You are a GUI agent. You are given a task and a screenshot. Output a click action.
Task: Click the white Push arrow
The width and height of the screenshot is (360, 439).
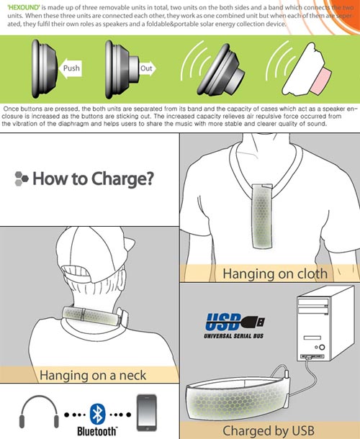click(x=70, y=68)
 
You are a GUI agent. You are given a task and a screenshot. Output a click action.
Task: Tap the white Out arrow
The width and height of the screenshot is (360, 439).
click(x=148, y=68)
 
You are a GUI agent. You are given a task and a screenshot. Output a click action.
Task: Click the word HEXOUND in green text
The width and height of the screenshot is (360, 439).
click(x=24, y=7)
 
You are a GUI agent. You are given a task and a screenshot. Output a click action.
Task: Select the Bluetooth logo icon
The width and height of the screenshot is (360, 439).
click(x=97, y=414)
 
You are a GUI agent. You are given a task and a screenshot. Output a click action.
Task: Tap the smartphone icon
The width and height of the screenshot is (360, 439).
click(x=147, y=412)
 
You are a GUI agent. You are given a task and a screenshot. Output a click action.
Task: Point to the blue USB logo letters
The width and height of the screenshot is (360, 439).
click(x=224, y=322)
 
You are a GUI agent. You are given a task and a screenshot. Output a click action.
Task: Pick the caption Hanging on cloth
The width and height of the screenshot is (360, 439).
click(x=275, y=273)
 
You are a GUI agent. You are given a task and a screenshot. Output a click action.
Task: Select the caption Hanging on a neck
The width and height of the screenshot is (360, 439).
click(x=93, y=375)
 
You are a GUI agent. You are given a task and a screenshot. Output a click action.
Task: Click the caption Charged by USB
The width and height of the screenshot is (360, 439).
click(x=269, y=431)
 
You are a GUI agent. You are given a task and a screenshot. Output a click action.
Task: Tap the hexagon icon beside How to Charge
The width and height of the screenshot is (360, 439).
click(x=22, y=178)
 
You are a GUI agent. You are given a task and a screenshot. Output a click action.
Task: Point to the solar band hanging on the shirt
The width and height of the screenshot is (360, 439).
click(x=262, y=216)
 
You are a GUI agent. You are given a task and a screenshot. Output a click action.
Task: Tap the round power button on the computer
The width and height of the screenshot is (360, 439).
click(x=322, y=347)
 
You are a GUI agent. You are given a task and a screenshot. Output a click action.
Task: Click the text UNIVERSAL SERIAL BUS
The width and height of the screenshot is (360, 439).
click(x=234, y=335)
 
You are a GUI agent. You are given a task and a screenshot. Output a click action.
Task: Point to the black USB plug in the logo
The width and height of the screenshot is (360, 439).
click(x=253, y=322)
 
